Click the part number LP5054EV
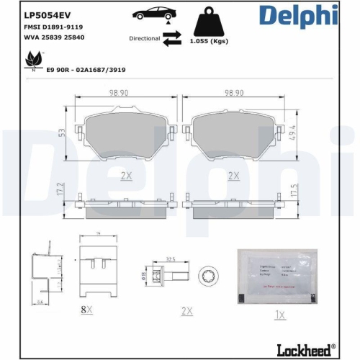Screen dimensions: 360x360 (x=48, y=13)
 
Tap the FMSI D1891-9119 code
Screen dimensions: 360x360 (x=53, y=27)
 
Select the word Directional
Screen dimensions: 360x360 (x=144, y=40)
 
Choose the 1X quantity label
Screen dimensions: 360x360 (x=280, y=315)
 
